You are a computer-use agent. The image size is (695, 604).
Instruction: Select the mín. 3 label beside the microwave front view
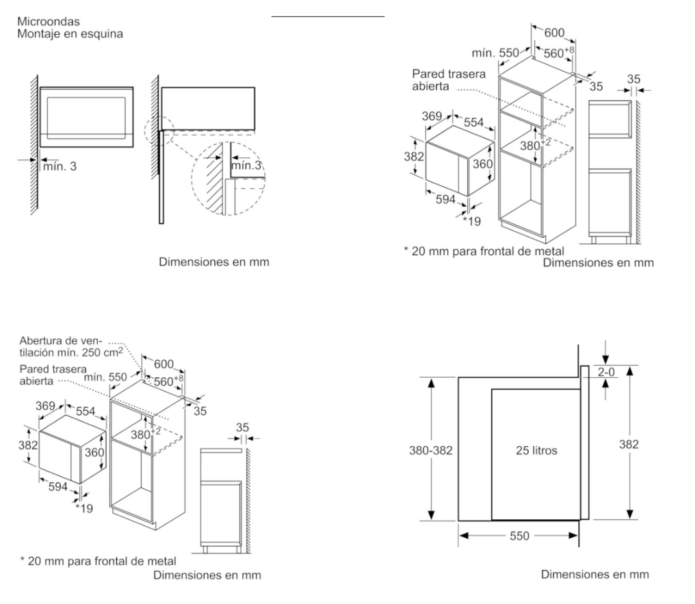[60, 167]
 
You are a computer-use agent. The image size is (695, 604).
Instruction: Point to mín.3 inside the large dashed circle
[245, 166]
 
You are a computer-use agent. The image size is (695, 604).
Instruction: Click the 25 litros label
[536, 450]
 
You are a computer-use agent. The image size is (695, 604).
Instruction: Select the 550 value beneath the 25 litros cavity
[519, 536]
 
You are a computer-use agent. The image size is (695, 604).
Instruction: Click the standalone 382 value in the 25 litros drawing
[628, 444]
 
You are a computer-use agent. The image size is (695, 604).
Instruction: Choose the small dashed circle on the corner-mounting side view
[159, 128]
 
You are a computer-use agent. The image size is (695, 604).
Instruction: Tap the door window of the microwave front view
[86, 115]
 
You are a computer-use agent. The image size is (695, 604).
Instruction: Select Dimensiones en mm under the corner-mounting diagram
[214, 262]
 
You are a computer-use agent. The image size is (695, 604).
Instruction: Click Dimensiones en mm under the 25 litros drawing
[594, 574]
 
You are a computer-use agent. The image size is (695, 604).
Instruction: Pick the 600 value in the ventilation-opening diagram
[163, 364]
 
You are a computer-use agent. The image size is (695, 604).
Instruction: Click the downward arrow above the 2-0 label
[606, 359]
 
